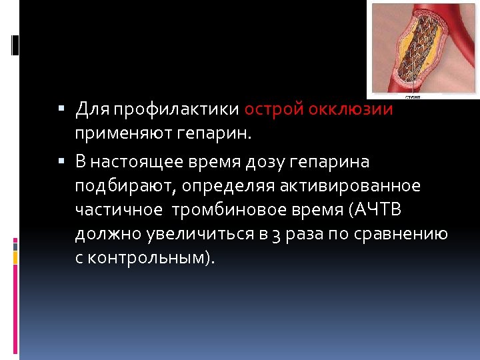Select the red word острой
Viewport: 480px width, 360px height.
(273, 109)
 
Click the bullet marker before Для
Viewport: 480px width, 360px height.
(61, 108)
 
